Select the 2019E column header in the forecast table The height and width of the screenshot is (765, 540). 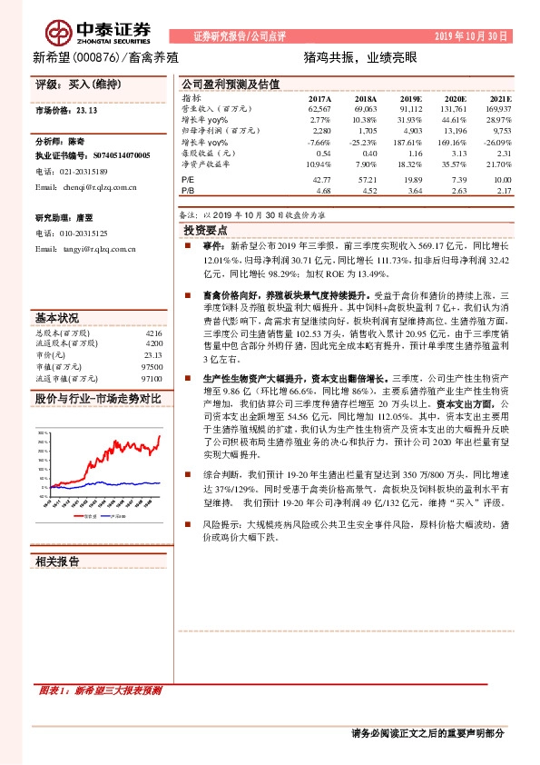tap(410, 97)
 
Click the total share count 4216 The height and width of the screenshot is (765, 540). tap(153, 334)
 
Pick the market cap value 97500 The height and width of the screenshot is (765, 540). tap(152, 366)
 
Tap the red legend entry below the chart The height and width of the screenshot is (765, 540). tap(84, 515)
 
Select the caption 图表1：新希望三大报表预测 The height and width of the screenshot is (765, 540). tap(100, 691)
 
